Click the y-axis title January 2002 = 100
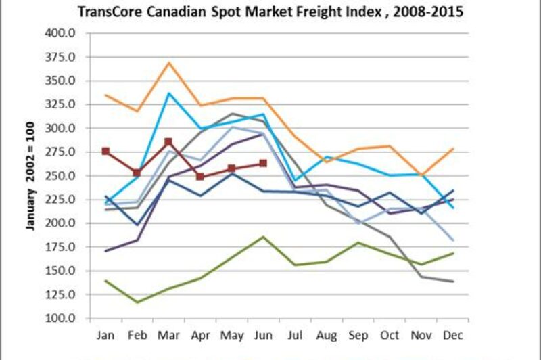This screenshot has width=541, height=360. (30, 175)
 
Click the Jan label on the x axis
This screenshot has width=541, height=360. (105, 334)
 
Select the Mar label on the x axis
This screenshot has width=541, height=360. (168, 334)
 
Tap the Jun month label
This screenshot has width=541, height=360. (263, 334)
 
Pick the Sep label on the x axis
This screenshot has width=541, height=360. (358, 334)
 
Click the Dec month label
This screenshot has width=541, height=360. (452, 334)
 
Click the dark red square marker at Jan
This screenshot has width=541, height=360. (105, 152)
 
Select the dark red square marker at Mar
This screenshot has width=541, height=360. (168, 142)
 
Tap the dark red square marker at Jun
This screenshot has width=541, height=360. (263, 164)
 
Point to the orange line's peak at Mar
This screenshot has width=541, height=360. (168, 62)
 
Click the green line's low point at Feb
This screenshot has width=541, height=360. (137, 302)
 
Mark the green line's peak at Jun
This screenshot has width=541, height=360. (263, 237)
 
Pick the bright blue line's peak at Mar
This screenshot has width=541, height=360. (168, 93)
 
